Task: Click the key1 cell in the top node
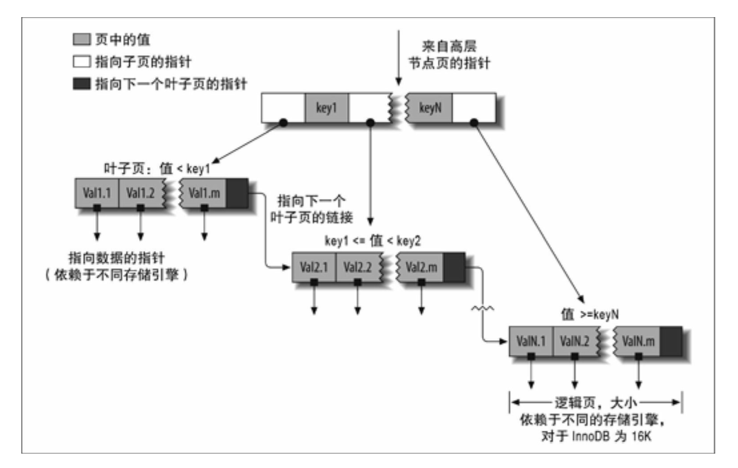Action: pyautogui.click(x=326, y=108)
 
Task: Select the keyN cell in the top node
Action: pyautogui.click(x=430, y=108)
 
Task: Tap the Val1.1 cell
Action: pyautogui.click(x=97, y=193)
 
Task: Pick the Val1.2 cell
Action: pyautogui.click(x=140, y=193)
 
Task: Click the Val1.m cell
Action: pyautogui.click(x=203, y=193)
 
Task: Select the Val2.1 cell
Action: pyautogui.click(x=314, y=267)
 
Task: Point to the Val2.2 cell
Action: pyautogui.click(x=358, y=267)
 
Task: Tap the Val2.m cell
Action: pyautogui.click(x=421, y=267)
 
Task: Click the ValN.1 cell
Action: pyautogui.click(x=531, y=341)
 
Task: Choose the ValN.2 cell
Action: pyautogui.click(x=575, y=341)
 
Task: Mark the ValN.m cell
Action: pyautogui.click(x=637, y=341)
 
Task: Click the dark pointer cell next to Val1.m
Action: pyautogui.click(x=238, y=193)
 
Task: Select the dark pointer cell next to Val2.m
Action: pyautogui.click(x=454, y=267)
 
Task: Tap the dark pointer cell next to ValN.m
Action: pyautogui.click(x=671, y=341)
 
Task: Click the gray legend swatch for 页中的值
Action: pyautogui.click(x=81, y=39)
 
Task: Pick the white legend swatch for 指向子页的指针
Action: pyautogui.click(x=81, y=62)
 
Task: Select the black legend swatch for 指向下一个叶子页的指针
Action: pyautogui.click(x=81, y=84)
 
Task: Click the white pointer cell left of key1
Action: pyautogui.click(x=284, y=108)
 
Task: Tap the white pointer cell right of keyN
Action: pyautogui.click(x=474, y=108)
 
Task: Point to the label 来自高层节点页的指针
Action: pyautogui.click(x=449, y=54)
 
